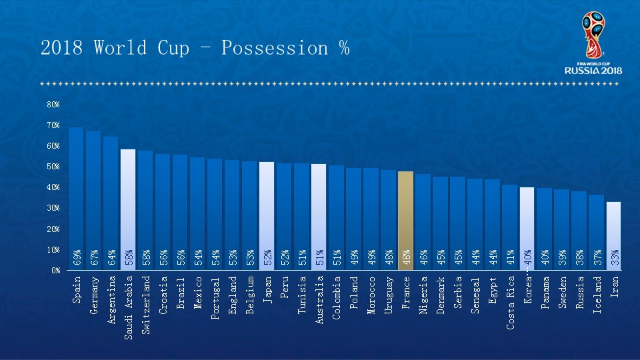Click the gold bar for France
pos(405,213)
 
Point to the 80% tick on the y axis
pos(53,105)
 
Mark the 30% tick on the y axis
pos(53,208)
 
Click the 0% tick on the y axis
pos(55,271)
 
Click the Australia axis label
pos(319,300)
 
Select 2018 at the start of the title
pos(61,49)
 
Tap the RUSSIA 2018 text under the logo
pos(593,70)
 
